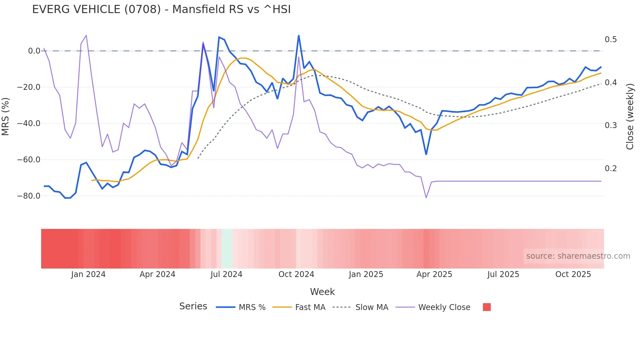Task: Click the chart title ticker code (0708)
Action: tap(142, 9)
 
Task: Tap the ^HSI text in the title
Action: tap(277, 9)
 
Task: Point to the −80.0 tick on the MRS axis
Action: tap(29, 196)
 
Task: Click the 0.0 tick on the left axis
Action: tap(34, 51)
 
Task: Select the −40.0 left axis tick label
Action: tap(29, 123)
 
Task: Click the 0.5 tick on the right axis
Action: tap(611, 40)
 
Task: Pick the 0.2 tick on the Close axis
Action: tap(611, 169)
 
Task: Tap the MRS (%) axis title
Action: tap(6, 116)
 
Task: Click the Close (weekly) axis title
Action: tap(630, 116)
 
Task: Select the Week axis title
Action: tap(322, 292)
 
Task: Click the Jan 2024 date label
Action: tap(88, 274)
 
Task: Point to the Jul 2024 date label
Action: tap(226, 274)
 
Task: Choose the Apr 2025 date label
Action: tap(434, 274)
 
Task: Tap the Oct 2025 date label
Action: tap(573, 274)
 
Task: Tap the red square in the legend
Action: tap(487, 307)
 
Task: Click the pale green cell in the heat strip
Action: tap(227, 249)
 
